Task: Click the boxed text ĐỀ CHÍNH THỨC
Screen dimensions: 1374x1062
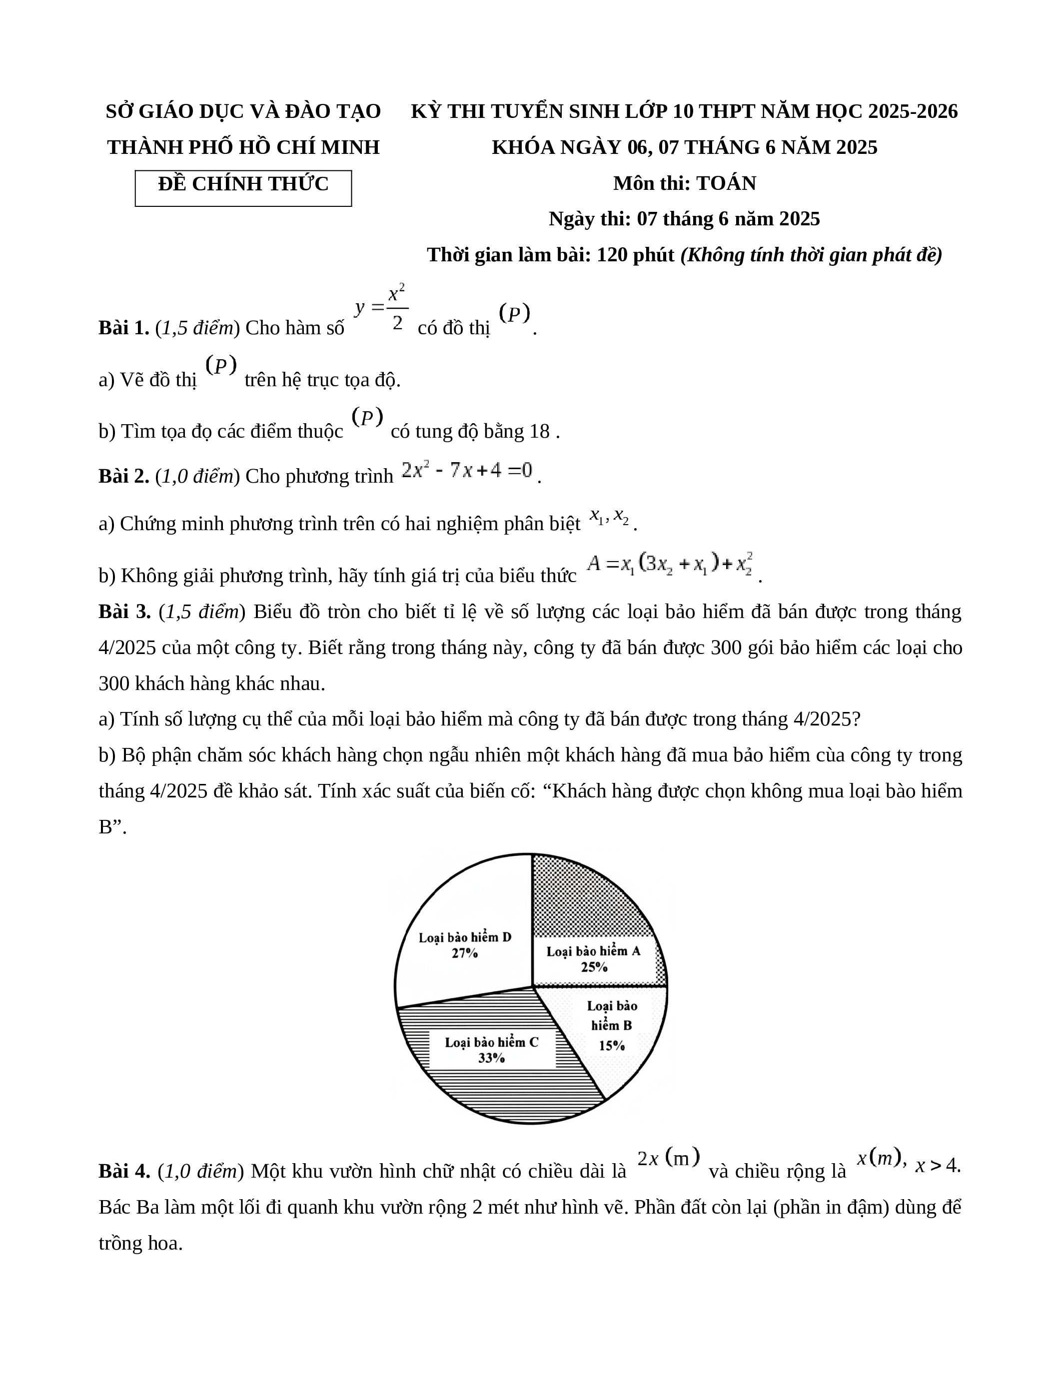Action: (x=243, y=184)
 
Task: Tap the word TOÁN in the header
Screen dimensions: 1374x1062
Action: (x=726, y=183)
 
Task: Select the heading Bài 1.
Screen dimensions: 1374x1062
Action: (x=123, y=328)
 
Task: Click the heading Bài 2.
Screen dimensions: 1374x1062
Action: (x=123, y=476)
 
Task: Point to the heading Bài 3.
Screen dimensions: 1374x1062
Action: (x=124, y=612)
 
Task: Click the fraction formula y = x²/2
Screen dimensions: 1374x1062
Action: (x=382, y=308)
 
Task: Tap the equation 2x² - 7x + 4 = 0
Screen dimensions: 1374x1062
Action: (x=467, y=471)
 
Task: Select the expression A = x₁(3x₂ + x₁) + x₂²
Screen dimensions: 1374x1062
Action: (x=669, y=564)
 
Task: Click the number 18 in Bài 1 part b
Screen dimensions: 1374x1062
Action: (x=539, y=432)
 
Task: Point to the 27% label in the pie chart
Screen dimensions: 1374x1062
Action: (x=464, y=953)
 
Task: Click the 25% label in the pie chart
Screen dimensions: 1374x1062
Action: (x=593, y=967)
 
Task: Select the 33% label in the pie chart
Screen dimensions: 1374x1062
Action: (x=491, y=1058)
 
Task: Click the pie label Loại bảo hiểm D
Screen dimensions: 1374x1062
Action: (x=465, y=937)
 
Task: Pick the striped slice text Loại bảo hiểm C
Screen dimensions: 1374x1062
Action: (x=491, y=1042)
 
